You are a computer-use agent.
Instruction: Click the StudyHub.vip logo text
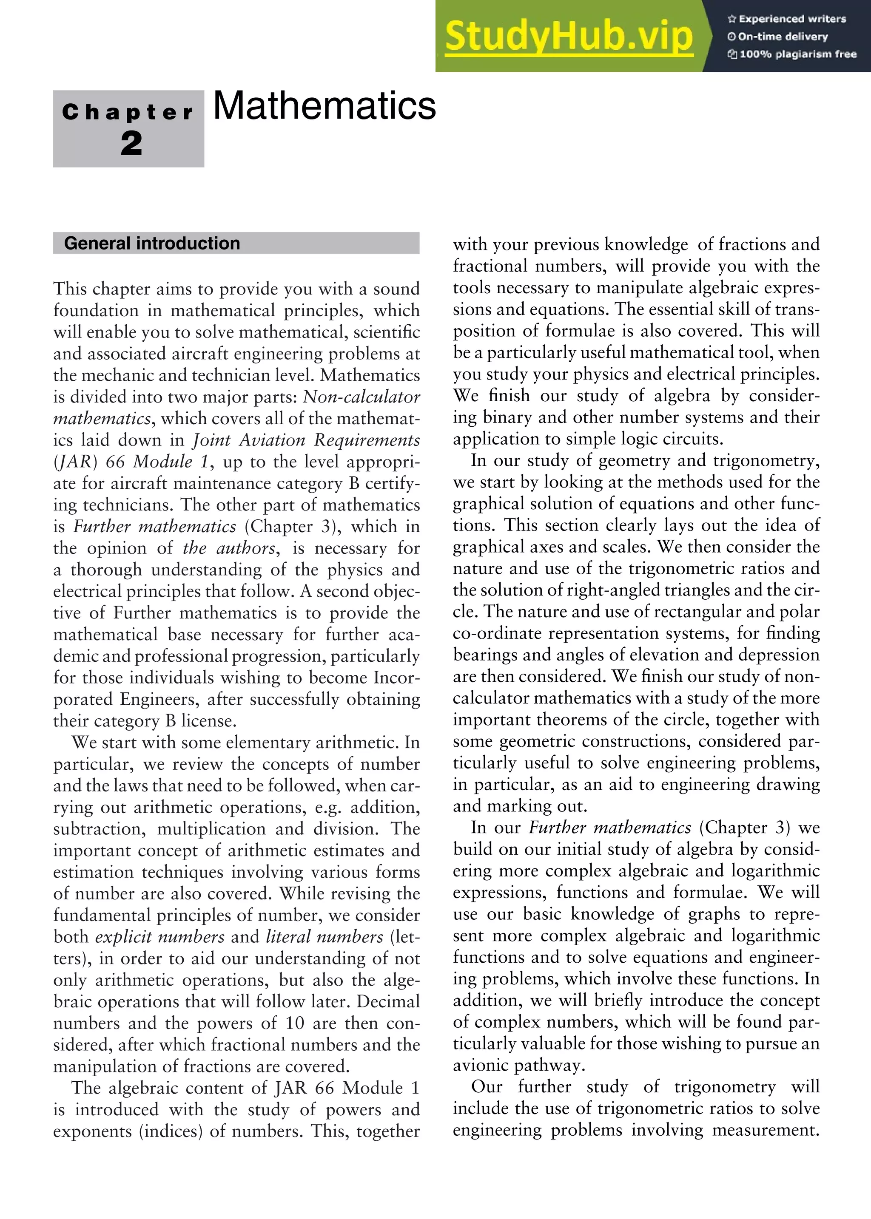[569, 37]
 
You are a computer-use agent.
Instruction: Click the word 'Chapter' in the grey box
[128, 112]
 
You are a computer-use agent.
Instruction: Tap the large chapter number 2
[131, 144]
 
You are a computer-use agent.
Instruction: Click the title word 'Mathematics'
[324, 106]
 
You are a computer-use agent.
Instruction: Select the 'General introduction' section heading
[152, 244]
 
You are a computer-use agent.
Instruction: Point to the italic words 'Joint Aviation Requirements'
[306, 440]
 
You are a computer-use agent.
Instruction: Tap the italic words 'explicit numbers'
[160, 936]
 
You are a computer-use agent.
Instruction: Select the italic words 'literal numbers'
[324, 936]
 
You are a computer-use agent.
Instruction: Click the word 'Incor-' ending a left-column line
[396, 678]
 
